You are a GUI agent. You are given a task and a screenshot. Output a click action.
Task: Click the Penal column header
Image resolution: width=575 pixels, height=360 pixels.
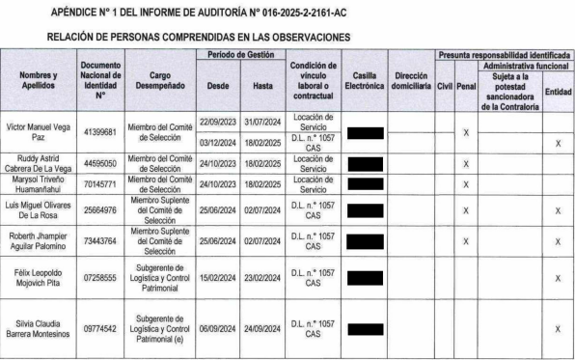[466, 85]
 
